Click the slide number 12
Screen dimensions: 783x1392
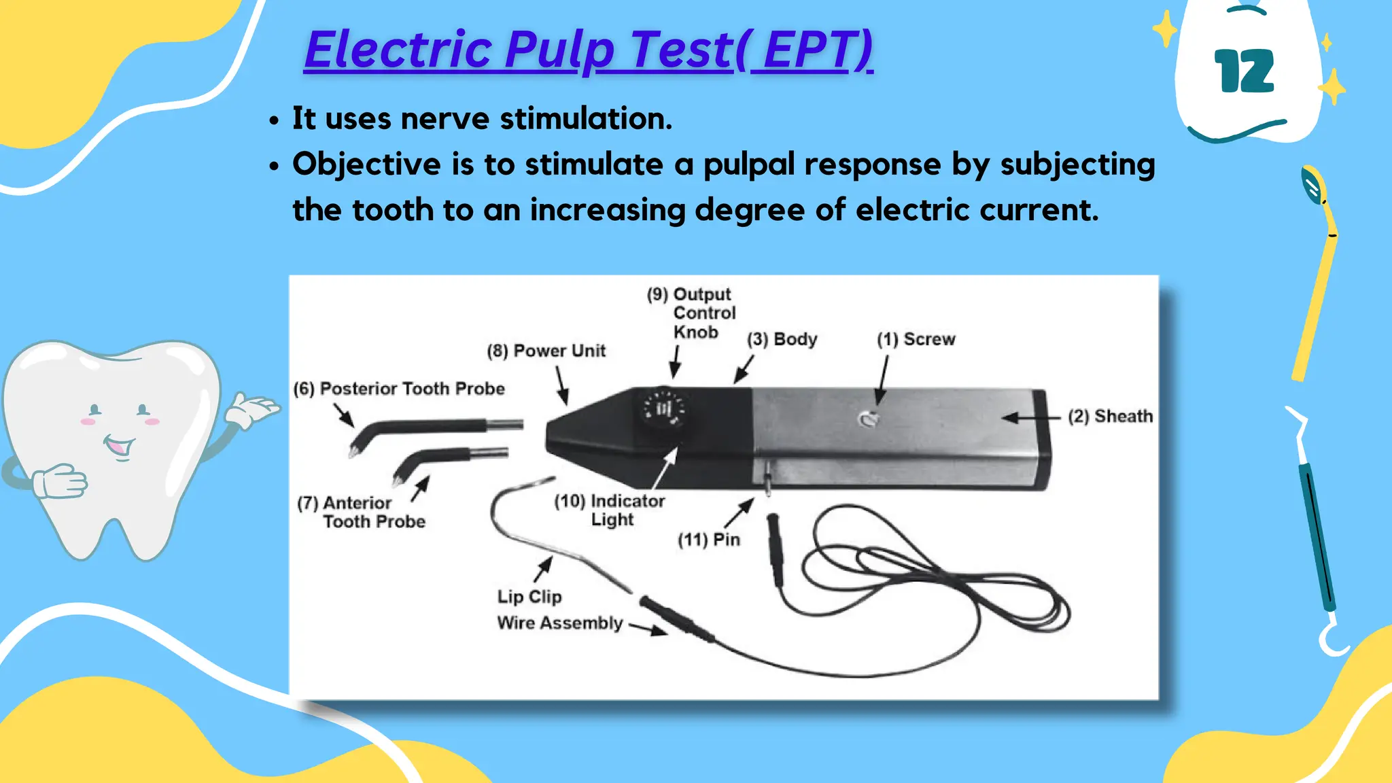click(x=1244, y=71)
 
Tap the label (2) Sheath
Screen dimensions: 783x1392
click(x=1110, y=416)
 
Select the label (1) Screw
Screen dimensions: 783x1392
click(x=916, y=339)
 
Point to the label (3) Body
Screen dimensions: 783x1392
click(x=782, y=339)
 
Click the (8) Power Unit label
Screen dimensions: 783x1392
click(x=546, y=351)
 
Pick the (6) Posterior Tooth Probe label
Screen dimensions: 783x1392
click(x=399, y=389)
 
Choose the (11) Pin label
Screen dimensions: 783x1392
click(x=708, y=540)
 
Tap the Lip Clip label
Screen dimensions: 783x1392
click(x=529, y=597)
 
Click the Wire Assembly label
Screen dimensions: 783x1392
click(x=559, y=623)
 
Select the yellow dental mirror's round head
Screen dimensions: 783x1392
click(x=1312, y=184)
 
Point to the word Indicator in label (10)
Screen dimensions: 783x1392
click(x=627, y=501)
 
